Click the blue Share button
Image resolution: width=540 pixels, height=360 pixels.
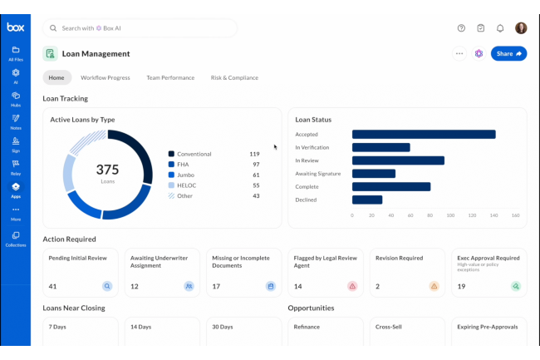coord(508,53)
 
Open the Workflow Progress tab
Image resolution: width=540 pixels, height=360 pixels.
coord(105,77)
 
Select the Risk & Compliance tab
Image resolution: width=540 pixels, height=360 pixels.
coord(234,77)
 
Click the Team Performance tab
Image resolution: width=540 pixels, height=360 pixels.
coord(170,77)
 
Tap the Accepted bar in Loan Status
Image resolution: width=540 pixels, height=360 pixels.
coord(424,134)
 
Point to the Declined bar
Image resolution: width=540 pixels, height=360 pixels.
coord(367,200)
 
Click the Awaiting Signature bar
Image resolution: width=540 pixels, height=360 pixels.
coord(373,174)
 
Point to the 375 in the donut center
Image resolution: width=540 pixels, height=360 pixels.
coord(108,170)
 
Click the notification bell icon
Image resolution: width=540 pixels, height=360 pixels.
coord(500,27)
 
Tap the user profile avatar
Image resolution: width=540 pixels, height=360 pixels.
coord(521,27)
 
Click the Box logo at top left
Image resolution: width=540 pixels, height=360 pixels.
coord(15,27)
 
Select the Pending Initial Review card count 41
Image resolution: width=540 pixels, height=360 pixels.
coord(52,286)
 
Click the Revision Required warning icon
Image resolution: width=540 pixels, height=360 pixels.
coord(434,286)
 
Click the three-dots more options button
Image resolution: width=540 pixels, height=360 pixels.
coord(459,53)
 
